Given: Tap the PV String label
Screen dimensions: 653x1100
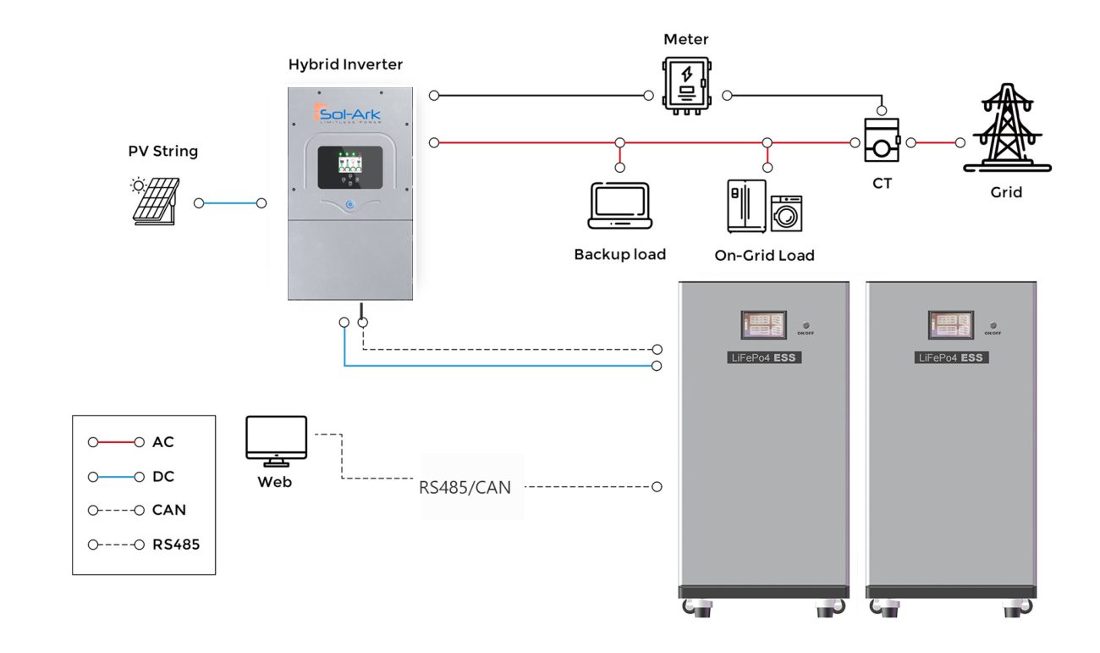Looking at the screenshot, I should [162, 152].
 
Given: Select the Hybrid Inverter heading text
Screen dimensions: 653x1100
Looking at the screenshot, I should [345, 64].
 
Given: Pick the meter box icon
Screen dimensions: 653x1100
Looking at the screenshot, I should [686, 84].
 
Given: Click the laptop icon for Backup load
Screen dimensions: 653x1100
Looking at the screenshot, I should [619, 206].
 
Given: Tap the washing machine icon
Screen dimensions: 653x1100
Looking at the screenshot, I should [786, 214].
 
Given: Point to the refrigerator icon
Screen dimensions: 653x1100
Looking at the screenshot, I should [745, 206].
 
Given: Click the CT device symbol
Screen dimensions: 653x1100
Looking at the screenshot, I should [881, 141].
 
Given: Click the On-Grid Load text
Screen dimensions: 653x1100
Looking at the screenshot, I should [764, 256].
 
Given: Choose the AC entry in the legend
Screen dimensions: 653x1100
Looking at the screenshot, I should [162, 442].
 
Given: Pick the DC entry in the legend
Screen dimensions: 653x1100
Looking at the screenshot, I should [162, 477].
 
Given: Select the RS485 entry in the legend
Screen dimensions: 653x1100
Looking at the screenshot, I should [175, 545].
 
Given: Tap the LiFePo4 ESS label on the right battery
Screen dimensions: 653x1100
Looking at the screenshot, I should [952, 358].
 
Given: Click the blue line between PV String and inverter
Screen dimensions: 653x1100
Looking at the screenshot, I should [230, 203].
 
